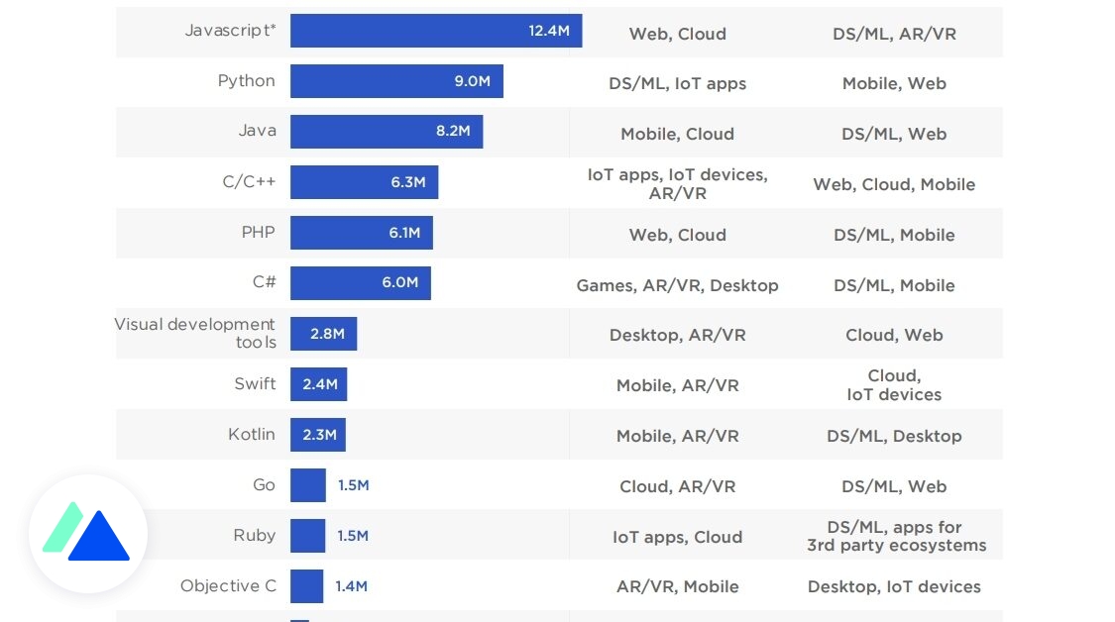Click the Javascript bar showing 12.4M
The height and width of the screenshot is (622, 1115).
[435, 31]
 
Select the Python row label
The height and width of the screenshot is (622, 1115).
[246, 81]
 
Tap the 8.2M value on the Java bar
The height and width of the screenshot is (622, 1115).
[452, 131]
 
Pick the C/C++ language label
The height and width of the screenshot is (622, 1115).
[249, 182]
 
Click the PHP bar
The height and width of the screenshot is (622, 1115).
[361, 233]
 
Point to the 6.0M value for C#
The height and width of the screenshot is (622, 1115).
[399, 282]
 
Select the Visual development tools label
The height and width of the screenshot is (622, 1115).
[195, 333]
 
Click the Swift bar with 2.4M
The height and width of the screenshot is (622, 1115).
[318, 384]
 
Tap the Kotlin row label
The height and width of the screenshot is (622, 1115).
[252, 435]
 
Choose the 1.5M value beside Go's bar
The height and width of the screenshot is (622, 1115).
[353, 485]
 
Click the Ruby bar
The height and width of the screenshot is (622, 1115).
[307, 536]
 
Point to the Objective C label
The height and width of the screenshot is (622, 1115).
[228, 586]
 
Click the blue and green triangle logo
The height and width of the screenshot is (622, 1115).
[87, 534]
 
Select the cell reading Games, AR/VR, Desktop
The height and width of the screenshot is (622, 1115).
[677, 285]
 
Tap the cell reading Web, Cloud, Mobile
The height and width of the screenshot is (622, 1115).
[894, 184]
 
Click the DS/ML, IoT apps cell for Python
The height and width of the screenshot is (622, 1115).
[677, 83]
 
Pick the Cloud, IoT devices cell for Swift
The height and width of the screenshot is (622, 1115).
[894, 385]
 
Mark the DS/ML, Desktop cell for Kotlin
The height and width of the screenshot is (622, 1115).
[894, 436]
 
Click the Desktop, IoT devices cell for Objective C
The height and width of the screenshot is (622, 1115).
[894, 587]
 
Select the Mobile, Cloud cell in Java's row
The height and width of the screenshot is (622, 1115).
[677, 134]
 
